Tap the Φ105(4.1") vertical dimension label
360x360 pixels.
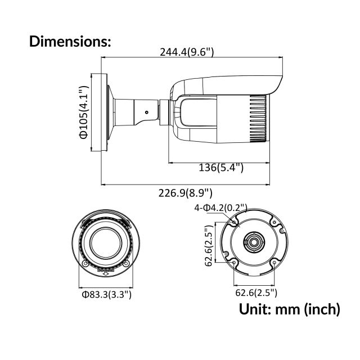pyautogui.click(x=83, y=112)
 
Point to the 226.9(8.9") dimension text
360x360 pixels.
pyautogui.click(x=185, y=193)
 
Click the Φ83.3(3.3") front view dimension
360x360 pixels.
pyautogui.click(x=106, y=294)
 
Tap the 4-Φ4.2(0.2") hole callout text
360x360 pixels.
pyautogui.click(x=220, y=208)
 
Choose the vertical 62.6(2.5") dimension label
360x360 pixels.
pyautogui.click(x=208, y=245)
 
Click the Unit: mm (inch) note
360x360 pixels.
pyautogui.click(x=289, y=309)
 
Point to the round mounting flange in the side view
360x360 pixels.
pyautogui.click(x=103, y=112)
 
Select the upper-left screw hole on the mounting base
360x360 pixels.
pyautogui.click(x=234, y=223)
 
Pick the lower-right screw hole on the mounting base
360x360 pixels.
pyautogui.click(x=273, y=263)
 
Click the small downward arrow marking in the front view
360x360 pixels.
pyautogui.click(x=106, y=269)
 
